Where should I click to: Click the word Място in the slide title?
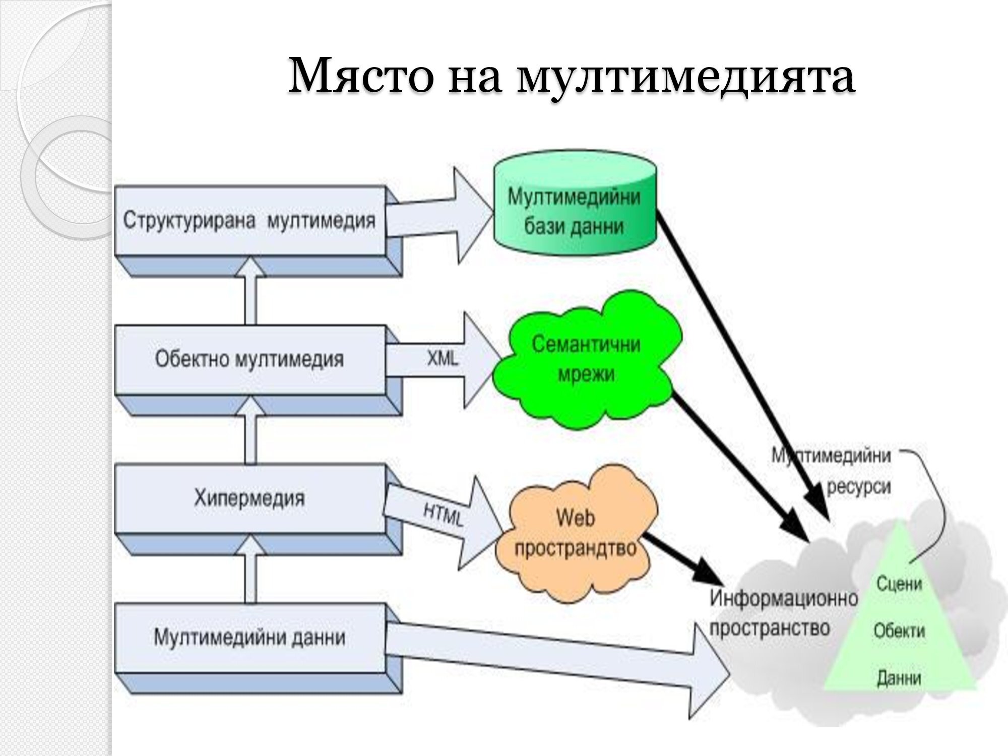pyautogui.click(x=360, y=76)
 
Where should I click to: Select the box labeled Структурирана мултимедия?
pyautogui.click(x=249, y=221)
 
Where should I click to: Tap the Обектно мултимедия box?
pyautogui.click(x=249, y=359)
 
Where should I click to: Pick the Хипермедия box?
pyautogui.click(x=249, y=498)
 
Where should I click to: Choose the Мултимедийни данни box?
pyautogui.click(x=249, y=638)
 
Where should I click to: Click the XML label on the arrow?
pyautogui.click(x=443, y=358)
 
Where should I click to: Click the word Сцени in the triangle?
pyautogui.click(x=899, y=584)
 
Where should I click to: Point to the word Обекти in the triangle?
pyautogui.click(x=899, y=631)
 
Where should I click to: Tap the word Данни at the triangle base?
pyautogui.click(x=899, y=678)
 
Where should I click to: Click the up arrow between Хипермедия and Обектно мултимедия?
pyautogui.click(x=250, y=433)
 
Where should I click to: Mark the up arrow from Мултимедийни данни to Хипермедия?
pyautogui.click(x=250, y=572)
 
